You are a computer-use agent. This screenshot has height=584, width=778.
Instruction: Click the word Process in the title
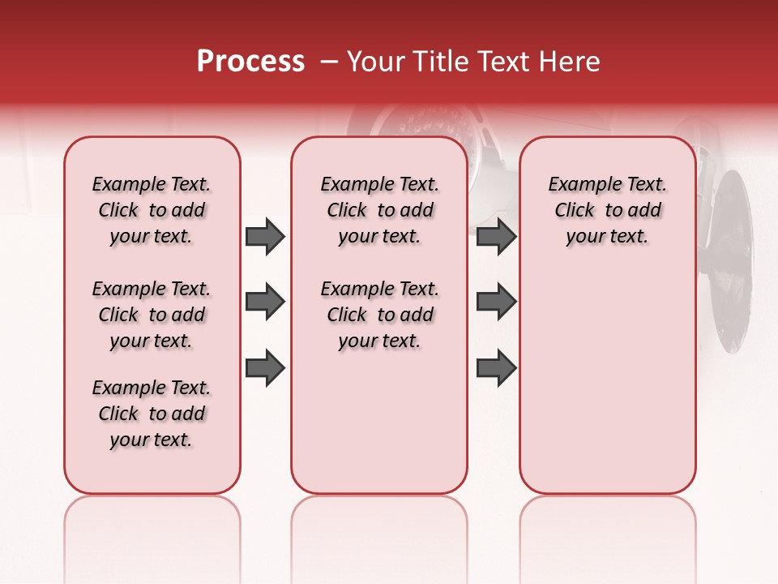[250, 62]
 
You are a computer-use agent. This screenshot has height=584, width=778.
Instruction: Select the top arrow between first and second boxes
[264, 237]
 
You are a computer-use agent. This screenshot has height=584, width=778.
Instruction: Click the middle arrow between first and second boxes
[264, 303]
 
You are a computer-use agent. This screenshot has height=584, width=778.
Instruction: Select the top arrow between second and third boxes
[496, 237]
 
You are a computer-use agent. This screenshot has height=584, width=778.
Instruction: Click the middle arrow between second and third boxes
[496, 303]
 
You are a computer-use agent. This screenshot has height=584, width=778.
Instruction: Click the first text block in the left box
[152, 210]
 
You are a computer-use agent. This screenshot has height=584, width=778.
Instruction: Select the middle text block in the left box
[152, 315]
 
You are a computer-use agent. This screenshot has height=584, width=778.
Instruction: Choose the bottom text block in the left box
[152, 414]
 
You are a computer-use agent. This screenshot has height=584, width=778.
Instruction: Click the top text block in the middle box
[380, 210]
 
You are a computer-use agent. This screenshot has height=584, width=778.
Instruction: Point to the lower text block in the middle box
[380, 315]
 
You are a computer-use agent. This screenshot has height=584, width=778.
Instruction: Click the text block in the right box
[608, 210]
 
